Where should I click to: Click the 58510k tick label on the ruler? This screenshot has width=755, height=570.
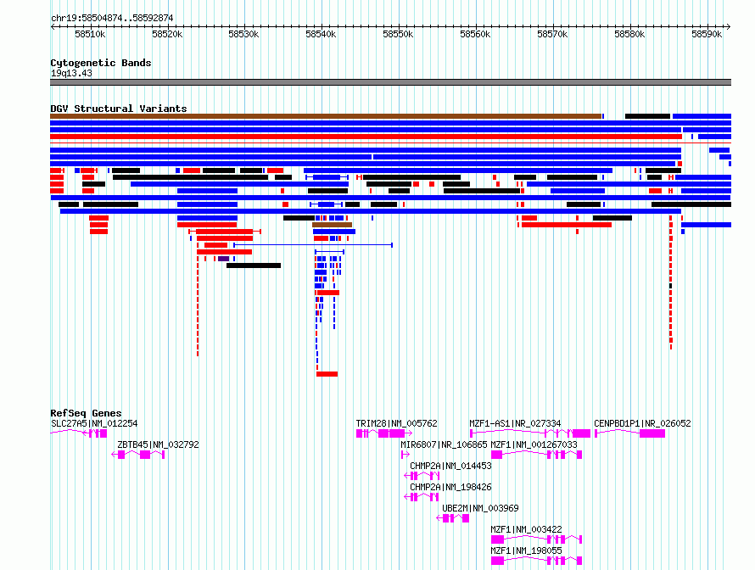pyautogui.click(x=90, y=34)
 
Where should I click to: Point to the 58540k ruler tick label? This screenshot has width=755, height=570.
pyautogui.click(x=322, y=34)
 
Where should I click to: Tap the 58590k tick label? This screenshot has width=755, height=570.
pyautogui.click(x=707, y=34)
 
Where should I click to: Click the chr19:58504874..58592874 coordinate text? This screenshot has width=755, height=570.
pyautogui.click(x=112, y=18)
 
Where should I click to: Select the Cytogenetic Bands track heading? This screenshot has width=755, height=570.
pyautogui.click(x=101, y=63)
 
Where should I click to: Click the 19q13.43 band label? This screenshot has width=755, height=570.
pyautogui.click(x=71, y=73)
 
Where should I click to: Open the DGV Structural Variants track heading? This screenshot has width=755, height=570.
pyautogui.click(x=119, y=109)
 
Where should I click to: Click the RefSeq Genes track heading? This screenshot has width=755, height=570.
pyautogui.click(x=86, y=413)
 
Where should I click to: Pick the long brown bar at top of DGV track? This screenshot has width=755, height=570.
pyautogui.click(x=326, y=116)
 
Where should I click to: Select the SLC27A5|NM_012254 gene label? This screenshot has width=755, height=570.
pyautogui.click(x=94, y=423)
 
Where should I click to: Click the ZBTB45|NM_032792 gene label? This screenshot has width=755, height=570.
pyautogui.click(x=158, y=444)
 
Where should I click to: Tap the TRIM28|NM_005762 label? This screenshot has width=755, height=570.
pyautogui.click(x=396, y=423)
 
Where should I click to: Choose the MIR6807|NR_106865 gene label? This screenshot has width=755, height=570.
pyautogui.click(x=444, y=444)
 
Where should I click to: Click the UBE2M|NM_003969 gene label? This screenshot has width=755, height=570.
pyautogui.click(x=480, y=508)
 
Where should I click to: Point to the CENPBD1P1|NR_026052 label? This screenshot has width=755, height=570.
pyautogui.click(x=642, y=423)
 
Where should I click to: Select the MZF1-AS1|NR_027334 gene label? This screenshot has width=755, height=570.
pyautogui.click(x=515, y=423)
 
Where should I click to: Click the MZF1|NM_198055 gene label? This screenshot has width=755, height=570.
pyautogui.click(x=526, y=550)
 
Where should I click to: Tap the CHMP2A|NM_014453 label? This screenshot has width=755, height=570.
pyautogui.click(x=450, y=466)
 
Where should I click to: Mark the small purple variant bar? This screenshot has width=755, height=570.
pyautogui.click(x=223, y=259)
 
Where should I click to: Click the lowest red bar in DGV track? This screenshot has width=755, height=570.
pyautogui.click(x=327, y=374)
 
